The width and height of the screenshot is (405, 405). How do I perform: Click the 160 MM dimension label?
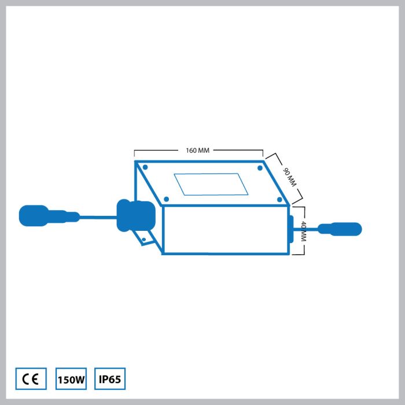coord(198,150)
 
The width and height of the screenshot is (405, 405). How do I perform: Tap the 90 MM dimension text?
coord(289,178)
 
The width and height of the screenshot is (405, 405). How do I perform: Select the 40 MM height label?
coord(304,231)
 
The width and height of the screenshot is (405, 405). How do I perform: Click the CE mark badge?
coord(31,378)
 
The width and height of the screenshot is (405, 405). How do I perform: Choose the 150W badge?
coord(71,378)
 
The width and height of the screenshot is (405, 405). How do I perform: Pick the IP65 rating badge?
coord(110,378)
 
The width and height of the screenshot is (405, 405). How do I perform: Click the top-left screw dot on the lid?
coord(145,167)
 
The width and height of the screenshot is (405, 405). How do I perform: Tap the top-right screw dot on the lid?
coord(260,168)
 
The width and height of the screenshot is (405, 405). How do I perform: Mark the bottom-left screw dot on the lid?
coord(167,199)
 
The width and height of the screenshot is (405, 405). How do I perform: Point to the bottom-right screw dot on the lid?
coord(279,200)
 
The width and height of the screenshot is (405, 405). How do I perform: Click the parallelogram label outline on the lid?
coord(211,184)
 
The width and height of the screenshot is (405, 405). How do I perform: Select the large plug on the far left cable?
coord(34,216)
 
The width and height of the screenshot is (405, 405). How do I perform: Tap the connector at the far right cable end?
coord(340,229)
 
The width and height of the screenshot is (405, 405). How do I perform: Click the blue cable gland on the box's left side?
coord(136,215)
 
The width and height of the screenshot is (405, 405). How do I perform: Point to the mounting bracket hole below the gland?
coord(144,240)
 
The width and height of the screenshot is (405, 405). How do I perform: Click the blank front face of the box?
coord(226,230)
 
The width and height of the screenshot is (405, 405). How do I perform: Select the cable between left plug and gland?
coord(98,217)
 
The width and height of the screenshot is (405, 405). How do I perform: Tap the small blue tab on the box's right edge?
coord(291,229)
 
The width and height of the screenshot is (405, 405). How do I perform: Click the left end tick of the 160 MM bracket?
coord(134,153)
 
